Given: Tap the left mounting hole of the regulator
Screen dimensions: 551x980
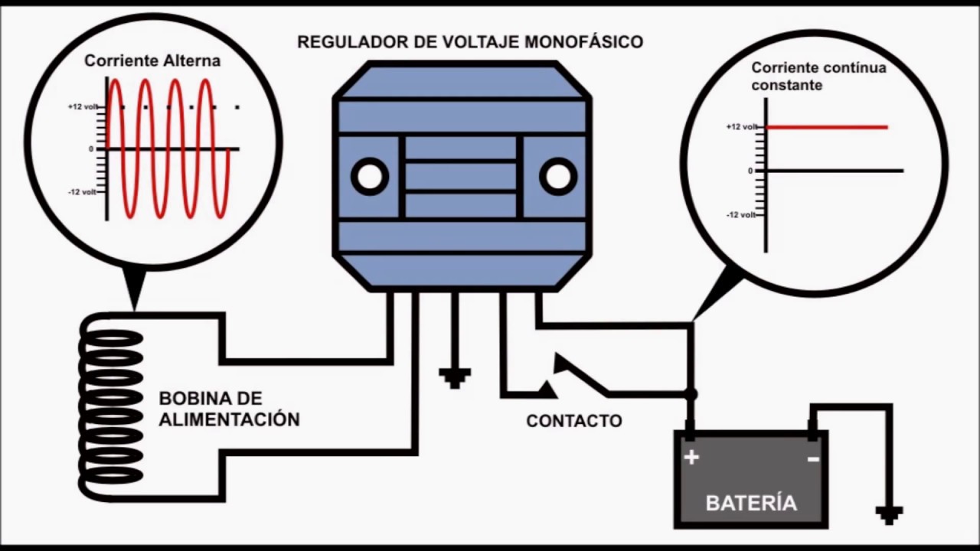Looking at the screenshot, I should click(370, 177).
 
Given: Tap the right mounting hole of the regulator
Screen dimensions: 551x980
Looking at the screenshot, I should click(558, 177).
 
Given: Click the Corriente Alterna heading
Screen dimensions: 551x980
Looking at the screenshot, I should click(152, 61).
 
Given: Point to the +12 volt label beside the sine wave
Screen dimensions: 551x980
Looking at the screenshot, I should click(83, 107).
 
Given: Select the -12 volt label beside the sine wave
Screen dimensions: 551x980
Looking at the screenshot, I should click(83, 192).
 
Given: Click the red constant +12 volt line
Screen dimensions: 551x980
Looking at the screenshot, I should click(827, 127).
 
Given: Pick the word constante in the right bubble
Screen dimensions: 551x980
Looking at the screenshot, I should click(787, 86).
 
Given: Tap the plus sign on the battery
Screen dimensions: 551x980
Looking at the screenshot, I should click(692, 458).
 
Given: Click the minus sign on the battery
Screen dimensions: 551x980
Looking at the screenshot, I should click(813, 458).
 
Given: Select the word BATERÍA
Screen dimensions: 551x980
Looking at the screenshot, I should click(751, 503).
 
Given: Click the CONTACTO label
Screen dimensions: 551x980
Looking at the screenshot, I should click(573, 421).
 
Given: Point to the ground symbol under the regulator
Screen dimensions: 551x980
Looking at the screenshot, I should click(455, 377).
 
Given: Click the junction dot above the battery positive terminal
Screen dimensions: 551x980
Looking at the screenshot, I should click(691, 394).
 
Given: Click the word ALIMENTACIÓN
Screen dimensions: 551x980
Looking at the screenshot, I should click(229, 420).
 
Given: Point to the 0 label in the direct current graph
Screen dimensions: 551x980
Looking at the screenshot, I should click(750, 171).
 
